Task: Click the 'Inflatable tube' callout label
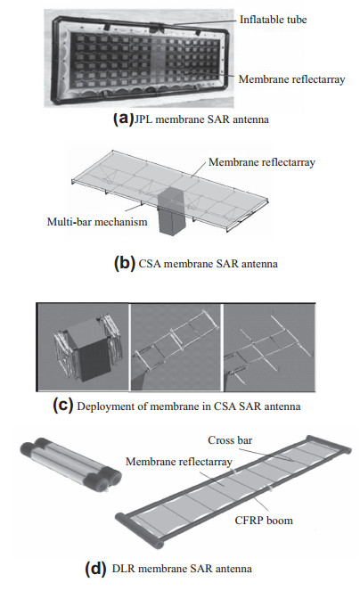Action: [x=273, y=20]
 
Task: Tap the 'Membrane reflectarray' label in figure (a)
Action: [x=291, y=79]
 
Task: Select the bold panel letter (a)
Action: [x=123, y=119]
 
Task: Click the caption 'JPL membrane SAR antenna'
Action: [x=201, y=119]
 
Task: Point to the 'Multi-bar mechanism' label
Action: [x=97, y=222]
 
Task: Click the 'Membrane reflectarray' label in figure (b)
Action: [x=262, y=162]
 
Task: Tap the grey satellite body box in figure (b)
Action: [x=171, y=210]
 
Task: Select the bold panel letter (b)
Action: [x=124, y=263]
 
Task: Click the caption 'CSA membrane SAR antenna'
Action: [x=209, y=264]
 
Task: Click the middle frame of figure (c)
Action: [x=176, y=348]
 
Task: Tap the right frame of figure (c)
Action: [x=269, y=348]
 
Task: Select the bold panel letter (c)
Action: [x=62, y=406]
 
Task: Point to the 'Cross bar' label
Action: [x=230, y=440]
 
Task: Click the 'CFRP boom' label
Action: [x=264, y=521]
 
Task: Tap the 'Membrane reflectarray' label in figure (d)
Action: [x=179, y=462]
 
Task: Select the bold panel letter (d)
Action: [x=95, y=568]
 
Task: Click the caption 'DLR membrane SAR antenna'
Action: [x=182, y=569]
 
